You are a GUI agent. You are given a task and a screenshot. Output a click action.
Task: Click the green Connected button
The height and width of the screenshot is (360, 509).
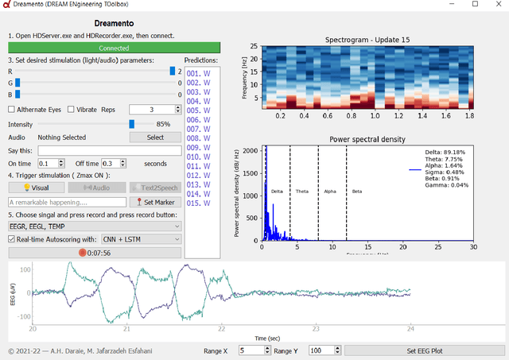coord(91,48)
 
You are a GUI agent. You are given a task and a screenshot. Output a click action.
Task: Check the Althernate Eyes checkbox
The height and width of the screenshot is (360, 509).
coord(12,109)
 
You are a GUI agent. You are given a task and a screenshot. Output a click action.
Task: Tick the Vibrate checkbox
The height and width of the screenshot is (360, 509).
coord(72,109)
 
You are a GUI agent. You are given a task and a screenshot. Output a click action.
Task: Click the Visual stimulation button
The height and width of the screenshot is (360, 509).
coord(35,188)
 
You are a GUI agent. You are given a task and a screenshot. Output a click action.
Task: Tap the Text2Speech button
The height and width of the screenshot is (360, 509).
coord(155,188)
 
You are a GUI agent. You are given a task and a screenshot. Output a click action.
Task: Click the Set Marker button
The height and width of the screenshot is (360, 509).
coord(155,202)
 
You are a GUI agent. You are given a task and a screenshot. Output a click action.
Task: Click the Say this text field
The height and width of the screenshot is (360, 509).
coord(109,150)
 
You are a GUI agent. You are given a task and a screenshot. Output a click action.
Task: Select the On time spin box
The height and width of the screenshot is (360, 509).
coord(51,163)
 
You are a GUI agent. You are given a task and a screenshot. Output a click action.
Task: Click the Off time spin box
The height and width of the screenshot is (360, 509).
coord(112,163)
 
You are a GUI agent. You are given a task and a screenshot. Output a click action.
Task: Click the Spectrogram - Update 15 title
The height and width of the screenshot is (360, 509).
coord(367,40)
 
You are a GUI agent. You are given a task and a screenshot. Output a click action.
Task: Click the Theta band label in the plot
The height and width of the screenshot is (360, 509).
coord(303,192)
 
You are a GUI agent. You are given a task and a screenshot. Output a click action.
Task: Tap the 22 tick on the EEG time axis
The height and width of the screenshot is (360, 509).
coord(221,327)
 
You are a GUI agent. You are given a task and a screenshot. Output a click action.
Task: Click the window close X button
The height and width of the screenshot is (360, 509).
coord(496,5)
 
